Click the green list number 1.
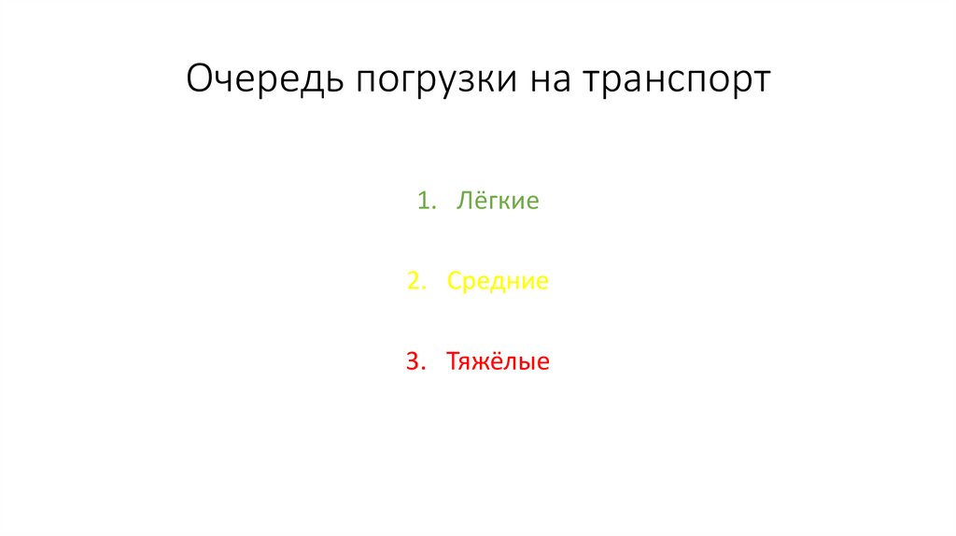425,201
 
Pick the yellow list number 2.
414,281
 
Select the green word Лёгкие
498,201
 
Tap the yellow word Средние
498,281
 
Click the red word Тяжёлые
498,361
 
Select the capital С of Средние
454,281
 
